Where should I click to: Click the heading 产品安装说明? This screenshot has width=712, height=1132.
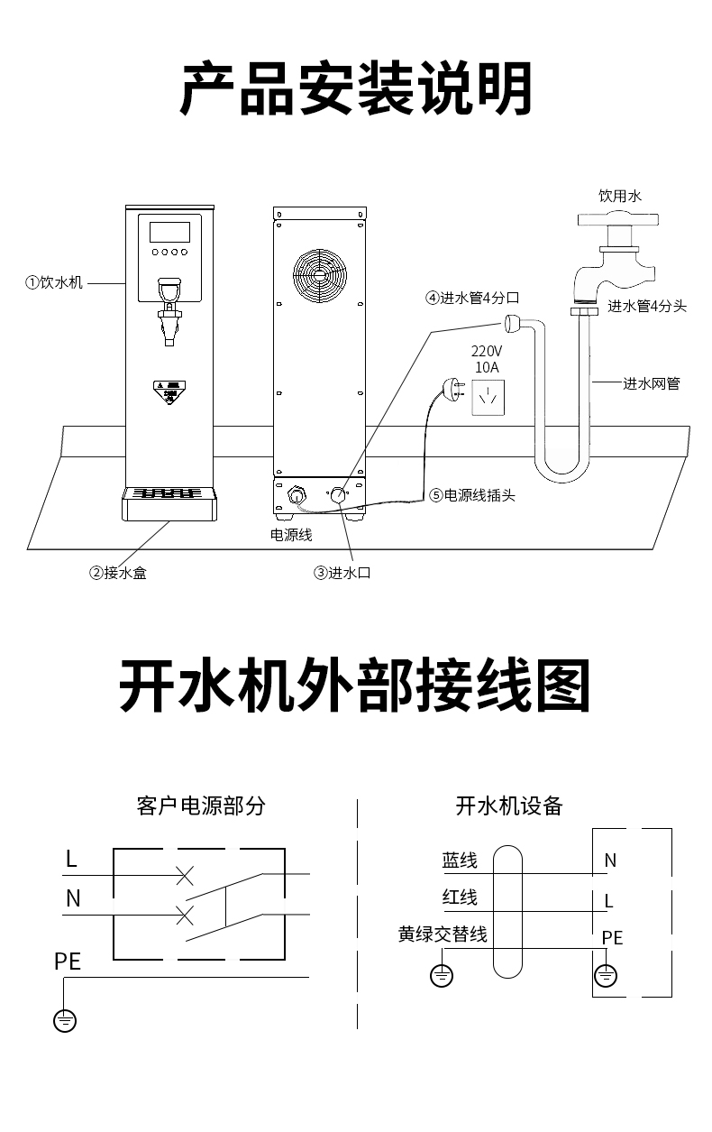[x=356, y=88]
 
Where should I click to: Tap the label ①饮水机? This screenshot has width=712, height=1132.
[x=54, y=282]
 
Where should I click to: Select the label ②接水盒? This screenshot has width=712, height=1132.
[x=117, y=573]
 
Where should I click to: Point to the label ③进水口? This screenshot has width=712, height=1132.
[x=342, y=573]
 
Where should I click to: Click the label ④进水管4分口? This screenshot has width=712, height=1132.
[x=473, y=298]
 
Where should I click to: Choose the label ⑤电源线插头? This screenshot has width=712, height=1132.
[x=472, y=494]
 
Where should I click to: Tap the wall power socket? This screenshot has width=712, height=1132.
[x=488, y=396]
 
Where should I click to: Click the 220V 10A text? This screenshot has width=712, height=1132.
[x=487, y=358]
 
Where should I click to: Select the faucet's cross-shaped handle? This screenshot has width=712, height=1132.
[x=618, y=219]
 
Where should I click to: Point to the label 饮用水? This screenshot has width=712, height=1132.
[x=620, y=196]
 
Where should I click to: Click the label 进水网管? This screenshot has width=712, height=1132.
[x=652, y=383]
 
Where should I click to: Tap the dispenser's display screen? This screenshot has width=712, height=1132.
[x=169, y=231]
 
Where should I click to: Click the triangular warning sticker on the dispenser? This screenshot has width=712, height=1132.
[x=169, y=391]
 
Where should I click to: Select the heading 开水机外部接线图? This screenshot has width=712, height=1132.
[x=355, y=688]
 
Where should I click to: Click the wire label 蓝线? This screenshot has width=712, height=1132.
[x=460, y=861]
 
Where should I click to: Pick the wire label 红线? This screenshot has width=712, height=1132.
[x=460, y=897]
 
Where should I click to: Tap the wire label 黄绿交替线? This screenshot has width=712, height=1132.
[x=443, y=934]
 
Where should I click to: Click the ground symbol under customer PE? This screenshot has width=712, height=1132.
[x=65, y=1020]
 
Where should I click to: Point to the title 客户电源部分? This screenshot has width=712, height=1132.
[x=201, y=805]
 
